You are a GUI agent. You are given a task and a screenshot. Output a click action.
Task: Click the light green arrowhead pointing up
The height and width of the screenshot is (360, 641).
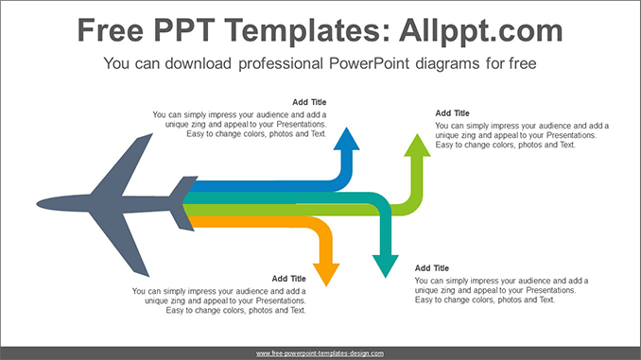[x=415, y=146]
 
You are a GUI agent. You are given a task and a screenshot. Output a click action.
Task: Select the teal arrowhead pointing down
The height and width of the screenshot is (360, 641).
[x=384, y=265]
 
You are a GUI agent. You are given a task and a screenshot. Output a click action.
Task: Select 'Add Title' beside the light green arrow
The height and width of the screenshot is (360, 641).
[x=453, y=113]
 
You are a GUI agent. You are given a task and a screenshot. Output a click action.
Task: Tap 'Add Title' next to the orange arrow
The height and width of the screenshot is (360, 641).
[x=289, y=279]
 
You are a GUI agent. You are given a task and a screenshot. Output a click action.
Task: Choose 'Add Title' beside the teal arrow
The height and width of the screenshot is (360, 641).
[x=432, y=268]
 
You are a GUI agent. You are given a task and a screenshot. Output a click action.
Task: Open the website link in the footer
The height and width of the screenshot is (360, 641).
[x=320, y=352]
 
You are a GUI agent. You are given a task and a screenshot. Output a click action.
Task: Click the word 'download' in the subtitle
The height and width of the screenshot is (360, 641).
[x=202, y=65]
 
